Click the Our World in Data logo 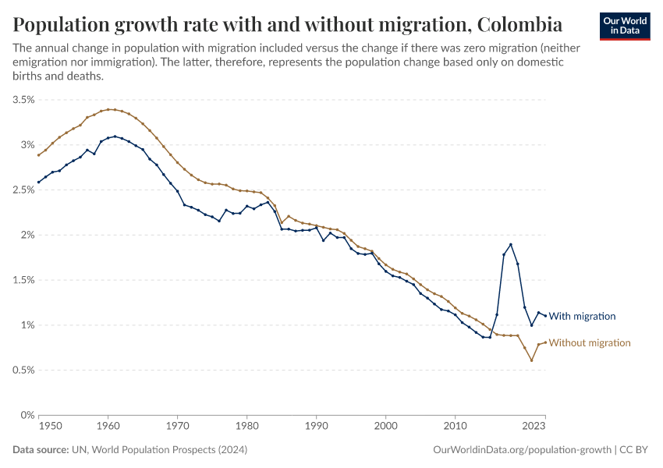point(625,26)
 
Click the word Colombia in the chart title point(520,25)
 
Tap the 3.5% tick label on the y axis point(23,100)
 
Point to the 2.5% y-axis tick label point(23,190)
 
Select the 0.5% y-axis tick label point(23,370)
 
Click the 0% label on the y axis point(28,416)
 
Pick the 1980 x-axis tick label point(246,427)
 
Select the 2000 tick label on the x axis point(385,427)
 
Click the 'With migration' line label point(583,317)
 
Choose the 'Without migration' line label point(590,343)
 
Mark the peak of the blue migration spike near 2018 point(511,244)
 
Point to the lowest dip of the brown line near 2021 point(531,360)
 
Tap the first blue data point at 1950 point(38,183)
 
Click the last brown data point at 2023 point(545,342)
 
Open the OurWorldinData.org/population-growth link point(521,450)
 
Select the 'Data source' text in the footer point(39,450)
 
